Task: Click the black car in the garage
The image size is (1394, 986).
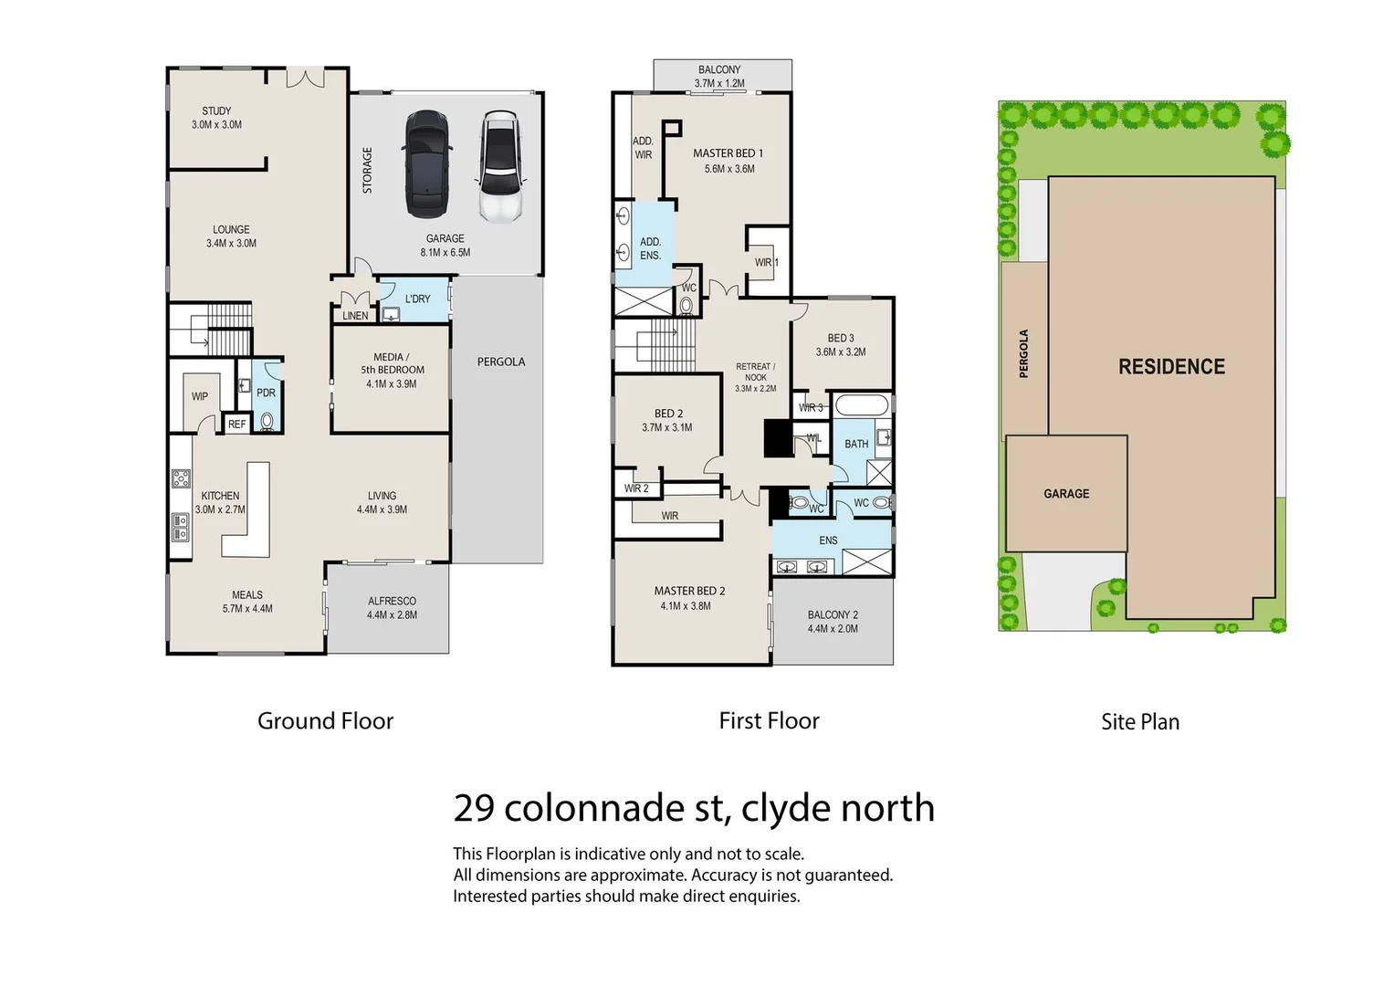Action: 427,163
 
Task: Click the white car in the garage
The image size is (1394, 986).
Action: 500,167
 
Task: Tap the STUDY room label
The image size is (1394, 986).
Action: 216,110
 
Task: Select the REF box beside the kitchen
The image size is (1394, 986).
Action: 237,424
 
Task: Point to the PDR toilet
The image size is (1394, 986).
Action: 267,421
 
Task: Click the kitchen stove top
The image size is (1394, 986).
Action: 181,478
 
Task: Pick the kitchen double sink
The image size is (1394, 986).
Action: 181,527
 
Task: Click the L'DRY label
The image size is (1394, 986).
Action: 417,299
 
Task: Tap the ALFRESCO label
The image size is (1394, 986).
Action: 392,601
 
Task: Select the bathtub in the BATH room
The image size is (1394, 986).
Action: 862,405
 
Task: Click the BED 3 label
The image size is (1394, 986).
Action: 841,338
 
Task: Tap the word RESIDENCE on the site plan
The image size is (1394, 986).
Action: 1172,367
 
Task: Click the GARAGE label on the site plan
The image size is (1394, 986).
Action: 1066,494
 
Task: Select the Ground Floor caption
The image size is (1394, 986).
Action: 326,721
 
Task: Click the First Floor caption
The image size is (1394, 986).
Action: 770,720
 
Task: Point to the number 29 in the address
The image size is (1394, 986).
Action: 474,808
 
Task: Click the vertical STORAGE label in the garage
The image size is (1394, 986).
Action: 367,170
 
